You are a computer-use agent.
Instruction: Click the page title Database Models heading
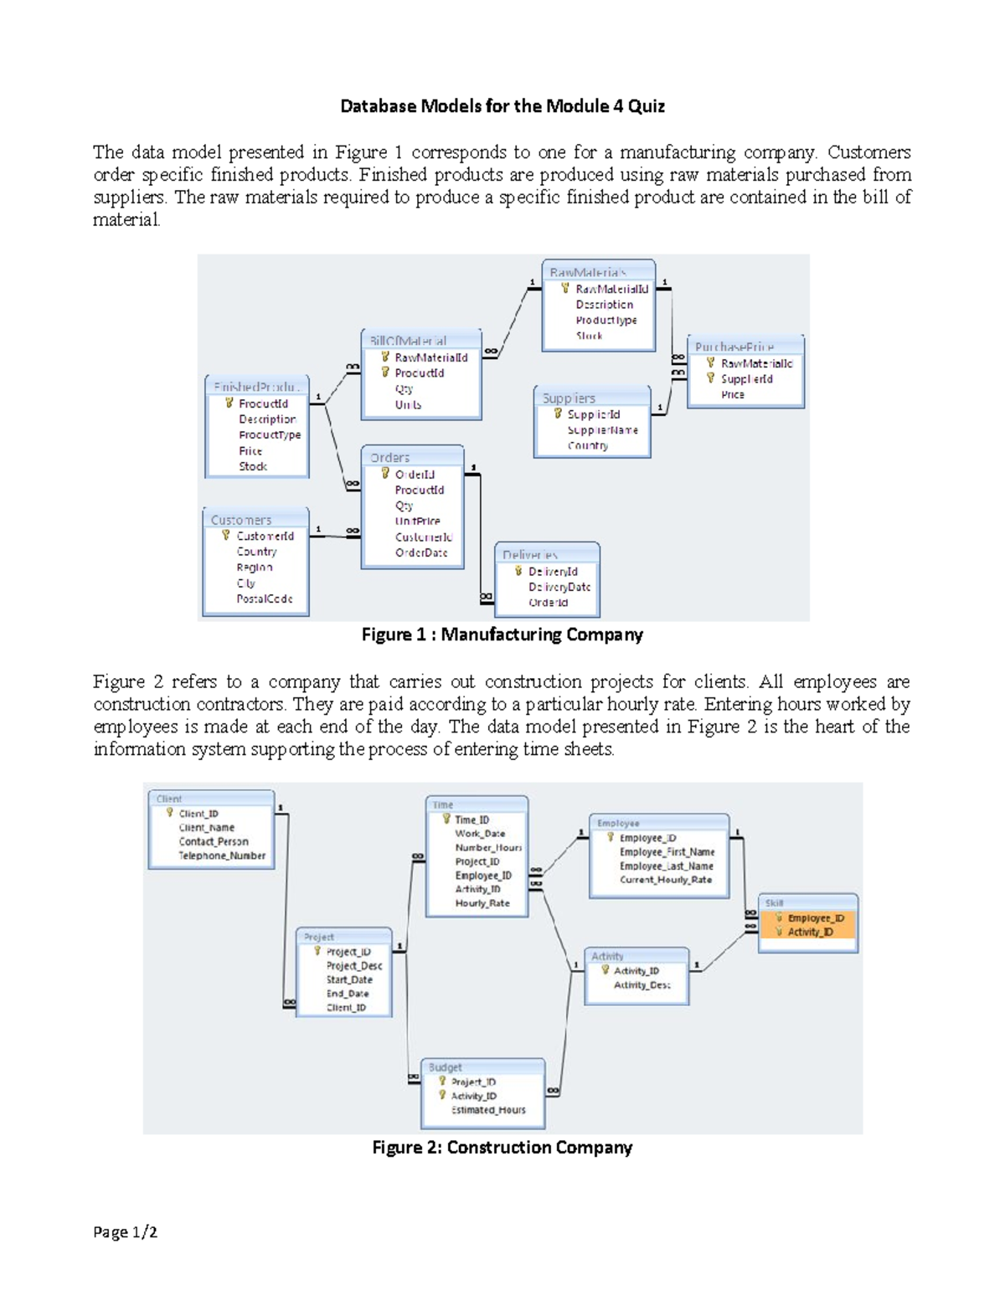pyautogui.click(x=502, y=106)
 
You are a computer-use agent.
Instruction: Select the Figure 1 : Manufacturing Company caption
pyautogui.click(x=502, y=635)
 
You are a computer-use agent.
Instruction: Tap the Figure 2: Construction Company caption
pyautogui.click(x=502, y=1148)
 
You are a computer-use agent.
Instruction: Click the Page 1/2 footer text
pyautogui.click(x=125, y=1232)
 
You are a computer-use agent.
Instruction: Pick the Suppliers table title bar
pyautogui.click(x=591, y=398)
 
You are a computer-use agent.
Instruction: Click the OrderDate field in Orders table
pyautogui.click(x=421, y=552)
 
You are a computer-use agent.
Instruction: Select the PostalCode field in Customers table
pyautogui.click(x=264, y=599)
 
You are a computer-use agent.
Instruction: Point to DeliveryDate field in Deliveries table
pyautogui.click(x=559, y=587)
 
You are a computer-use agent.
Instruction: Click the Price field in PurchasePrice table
pyautogui.click(x=732, y=394)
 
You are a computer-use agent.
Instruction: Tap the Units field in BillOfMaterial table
pyautogui.click(x=408, y=404)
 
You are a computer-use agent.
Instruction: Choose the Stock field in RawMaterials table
pyautogui.click(x=589, y=336)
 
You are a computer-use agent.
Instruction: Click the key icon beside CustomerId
pyautogui.click(x=225, y=535)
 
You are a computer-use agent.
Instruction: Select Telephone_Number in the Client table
pyautogui.click(x=221, y=856)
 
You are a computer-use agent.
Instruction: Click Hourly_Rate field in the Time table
pyautogui.click(x=482, y=903)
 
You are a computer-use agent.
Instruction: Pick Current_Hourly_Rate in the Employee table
pyautogui.click(x=665, y=880)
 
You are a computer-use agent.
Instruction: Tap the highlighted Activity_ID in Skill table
pyautogui.click(x=809, y=932)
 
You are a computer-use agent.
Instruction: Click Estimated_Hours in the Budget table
pyautogui.click(x=488, y=1110)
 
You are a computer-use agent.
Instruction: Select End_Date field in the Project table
pyautogui.click(x=347, y=994)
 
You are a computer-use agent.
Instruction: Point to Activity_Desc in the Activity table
pyautogui.click(x=642, y=985)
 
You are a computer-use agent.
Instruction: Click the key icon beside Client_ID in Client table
pyautogui.click(x=169, y=813)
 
